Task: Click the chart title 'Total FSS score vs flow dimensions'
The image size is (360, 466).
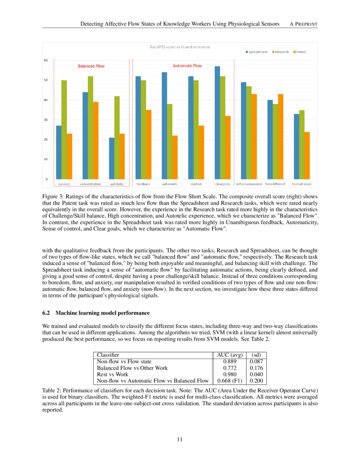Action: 180,47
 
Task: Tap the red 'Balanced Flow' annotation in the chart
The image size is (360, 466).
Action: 91,66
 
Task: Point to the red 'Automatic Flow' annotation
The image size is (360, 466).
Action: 187,66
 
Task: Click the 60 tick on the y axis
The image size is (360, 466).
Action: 45,60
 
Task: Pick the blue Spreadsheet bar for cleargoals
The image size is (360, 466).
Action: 217,123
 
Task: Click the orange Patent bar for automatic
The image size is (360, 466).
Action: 175,157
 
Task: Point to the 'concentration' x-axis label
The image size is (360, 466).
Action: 90,184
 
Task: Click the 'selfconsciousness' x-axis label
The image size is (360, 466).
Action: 249,184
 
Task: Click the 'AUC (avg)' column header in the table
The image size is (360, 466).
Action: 228,355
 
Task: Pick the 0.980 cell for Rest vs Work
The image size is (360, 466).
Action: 228,374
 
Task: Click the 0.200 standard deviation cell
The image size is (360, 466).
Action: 256,380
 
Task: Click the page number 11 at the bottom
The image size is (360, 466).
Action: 180,439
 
